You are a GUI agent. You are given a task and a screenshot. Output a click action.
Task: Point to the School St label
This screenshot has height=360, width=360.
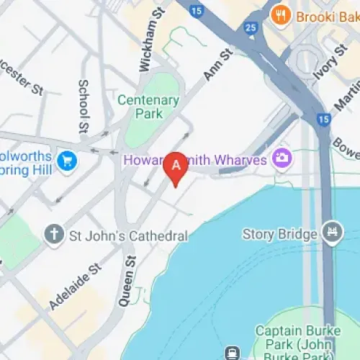pos(84,105)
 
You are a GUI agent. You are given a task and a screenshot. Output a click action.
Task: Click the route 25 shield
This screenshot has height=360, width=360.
pos(251,28)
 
